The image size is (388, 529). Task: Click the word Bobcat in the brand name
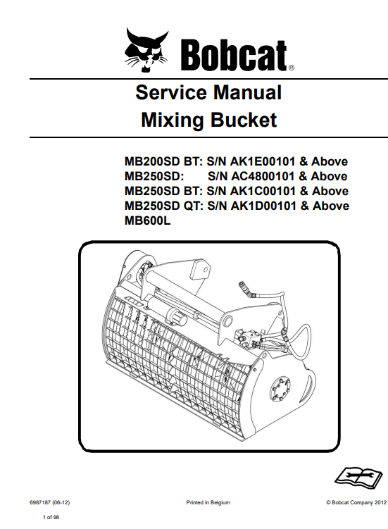pyautogui.click(x=234, y=55)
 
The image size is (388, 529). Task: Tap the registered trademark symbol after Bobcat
pyautogui.click(x=292, y=68)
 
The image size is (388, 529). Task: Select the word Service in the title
pyautogui.click(x=170, y=92)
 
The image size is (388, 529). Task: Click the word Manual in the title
pyautogui.click(x=247, y=92)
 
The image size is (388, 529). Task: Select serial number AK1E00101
pyautogui.click(x=263, y=161)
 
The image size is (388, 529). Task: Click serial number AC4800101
pyautogui.click(x=263, y=176)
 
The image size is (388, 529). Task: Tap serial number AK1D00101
pyautogui.click(x=263, y=206)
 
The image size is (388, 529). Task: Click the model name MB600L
pyautogui.click(x=148, y=221)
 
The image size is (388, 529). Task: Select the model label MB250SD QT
pyautogui.click(x=163, y=206)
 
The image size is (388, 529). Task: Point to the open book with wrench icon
pyautogui.click(x=358, y=476)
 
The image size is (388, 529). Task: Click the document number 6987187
pyautogui.click(x=40, y=503)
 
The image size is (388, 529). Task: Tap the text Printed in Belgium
pyautogui.click(x=208, y=503)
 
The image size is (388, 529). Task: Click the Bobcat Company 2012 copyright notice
pyautogui.click(x=356, y=503)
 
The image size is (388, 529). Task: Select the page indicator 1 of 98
pyautogui.click(x=51, y=517)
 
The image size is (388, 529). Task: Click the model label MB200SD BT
pyautogui.click(x=163, y=161)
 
